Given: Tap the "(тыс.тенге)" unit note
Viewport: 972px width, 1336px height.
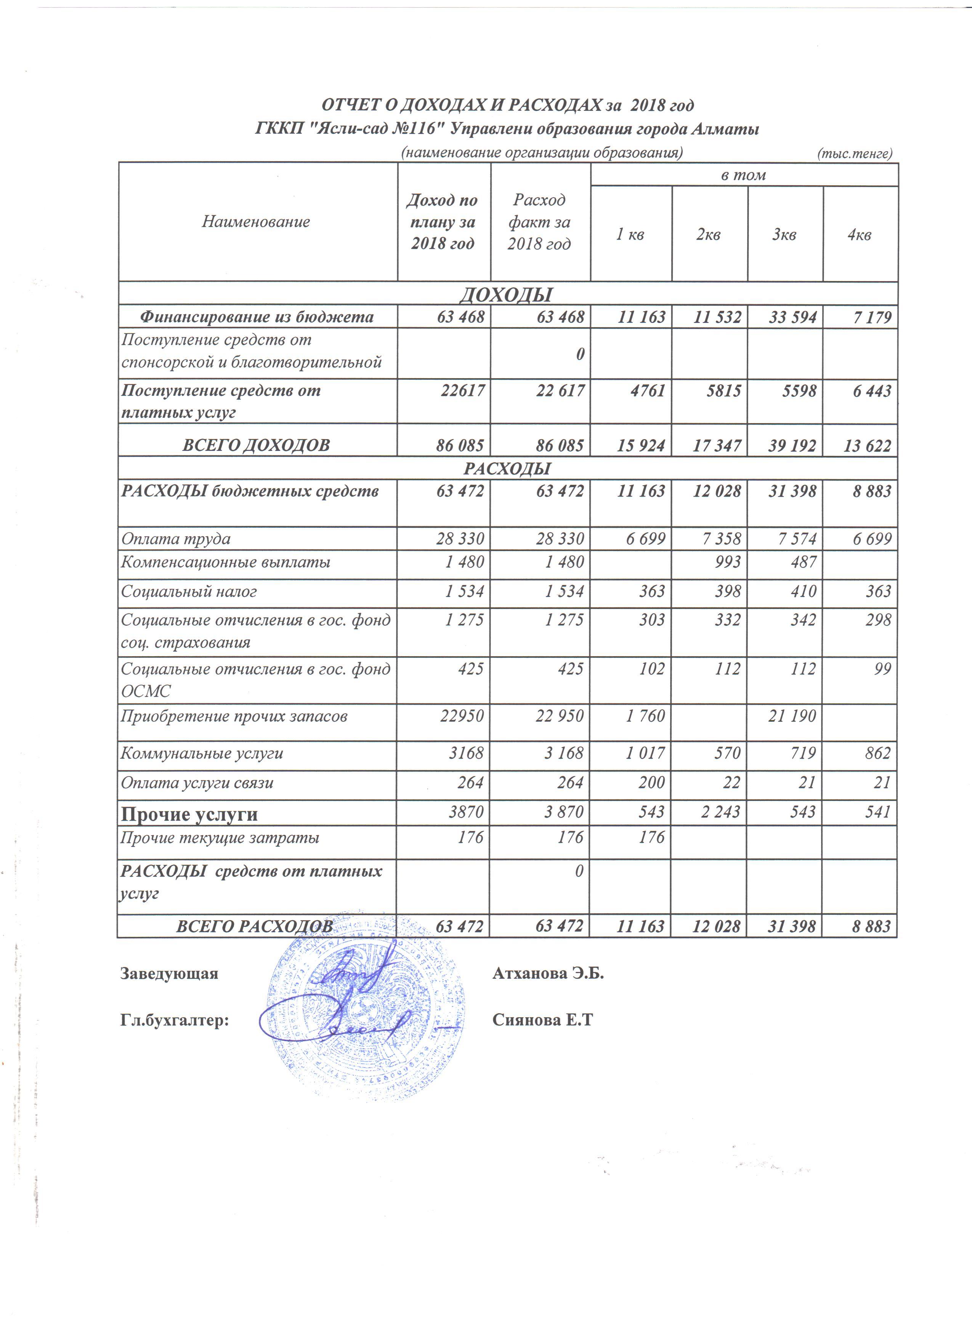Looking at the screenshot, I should pyautogui.click(x=854, y=154).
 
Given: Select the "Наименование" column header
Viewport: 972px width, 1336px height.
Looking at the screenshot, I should pyautogui.click(x=256, y=222).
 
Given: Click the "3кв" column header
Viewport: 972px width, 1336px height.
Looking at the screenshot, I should pyautogui.click(x=784, y=235).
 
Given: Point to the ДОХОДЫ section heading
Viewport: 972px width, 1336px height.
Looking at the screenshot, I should pyautogui.click(x=506, y=294).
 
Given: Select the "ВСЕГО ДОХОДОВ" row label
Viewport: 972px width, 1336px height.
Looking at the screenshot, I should pyautogui.click(x=256, y=445).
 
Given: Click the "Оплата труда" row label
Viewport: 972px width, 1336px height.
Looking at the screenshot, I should pyautogui.click(x=176, y=539).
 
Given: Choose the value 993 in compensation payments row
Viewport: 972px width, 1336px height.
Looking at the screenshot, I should pyautogui.click(x=727, y=562).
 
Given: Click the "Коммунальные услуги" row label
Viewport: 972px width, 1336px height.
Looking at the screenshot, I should pyautogui.click(x=202, y=753).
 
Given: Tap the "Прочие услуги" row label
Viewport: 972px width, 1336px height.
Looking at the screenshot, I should pyautogui.click(x=189, y=814).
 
